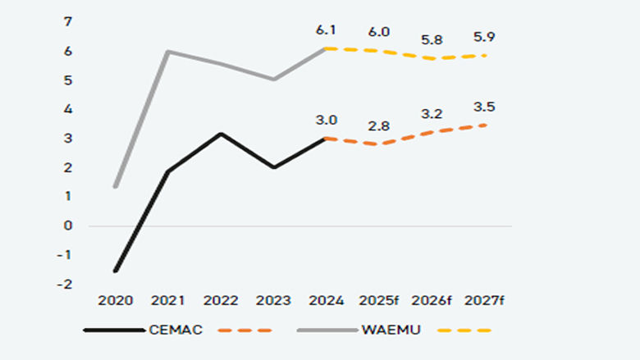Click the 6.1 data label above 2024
point(326,30)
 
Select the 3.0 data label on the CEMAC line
point(326,120)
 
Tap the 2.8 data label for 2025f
point(378,125)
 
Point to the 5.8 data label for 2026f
point(431,39)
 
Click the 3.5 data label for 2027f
point(484,107)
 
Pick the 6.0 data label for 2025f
point(378,32)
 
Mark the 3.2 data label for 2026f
point(431,114)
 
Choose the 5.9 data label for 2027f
point(484,37)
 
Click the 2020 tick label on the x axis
point(115,301)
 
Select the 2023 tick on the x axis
point(273,301)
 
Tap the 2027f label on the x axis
point(484,301)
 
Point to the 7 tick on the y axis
point(67,22)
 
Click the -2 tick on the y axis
point(66,284)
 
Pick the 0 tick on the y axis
point(68,226)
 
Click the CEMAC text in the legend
point(176,330)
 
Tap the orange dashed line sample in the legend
point(245,330)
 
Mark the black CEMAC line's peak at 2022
point(220,134)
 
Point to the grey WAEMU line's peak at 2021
point(168,52)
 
